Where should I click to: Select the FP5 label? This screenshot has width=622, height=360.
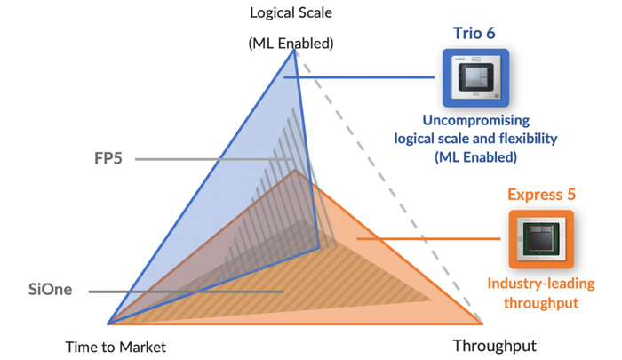pos(108,159)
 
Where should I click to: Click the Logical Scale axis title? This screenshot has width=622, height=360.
pos(291,12)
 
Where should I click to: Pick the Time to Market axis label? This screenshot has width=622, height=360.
pos(116,347)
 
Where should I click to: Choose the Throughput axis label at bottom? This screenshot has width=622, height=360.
pos(495,346)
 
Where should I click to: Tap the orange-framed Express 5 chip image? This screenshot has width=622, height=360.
pos(541,239)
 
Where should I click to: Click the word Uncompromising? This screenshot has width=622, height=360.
pos(475,120)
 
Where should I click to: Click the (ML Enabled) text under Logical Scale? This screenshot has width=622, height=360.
pos(291,43)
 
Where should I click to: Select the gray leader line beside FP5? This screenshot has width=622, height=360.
pos(213,160)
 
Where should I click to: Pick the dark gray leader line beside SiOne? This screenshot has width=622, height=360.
pos(187,291)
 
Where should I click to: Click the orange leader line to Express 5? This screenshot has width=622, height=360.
pos(427,238)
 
